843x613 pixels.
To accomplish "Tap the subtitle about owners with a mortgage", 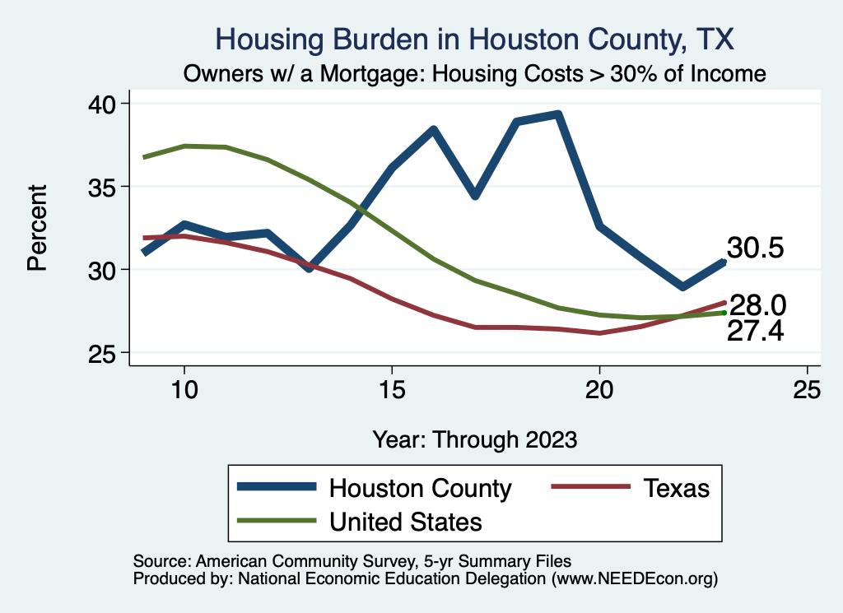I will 475,74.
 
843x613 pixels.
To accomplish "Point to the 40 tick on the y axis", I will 105,104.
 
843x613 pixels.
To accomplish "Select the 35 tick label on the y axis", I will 105,187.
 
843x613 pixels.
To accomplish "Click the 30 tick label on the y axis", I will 105,270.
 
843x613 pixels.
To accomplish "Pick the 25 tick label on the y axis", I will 105,353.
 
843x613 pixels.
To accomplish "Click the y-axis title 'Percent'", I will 36,228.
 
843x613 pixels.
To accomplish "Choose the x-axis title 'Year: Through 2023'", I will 474,439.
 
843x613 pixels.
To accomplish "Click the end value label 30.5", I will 754,248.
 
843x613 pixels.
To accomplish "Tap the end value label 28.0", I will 757,306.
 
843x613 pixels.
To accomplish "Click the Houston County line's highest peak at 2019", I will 558,114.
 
